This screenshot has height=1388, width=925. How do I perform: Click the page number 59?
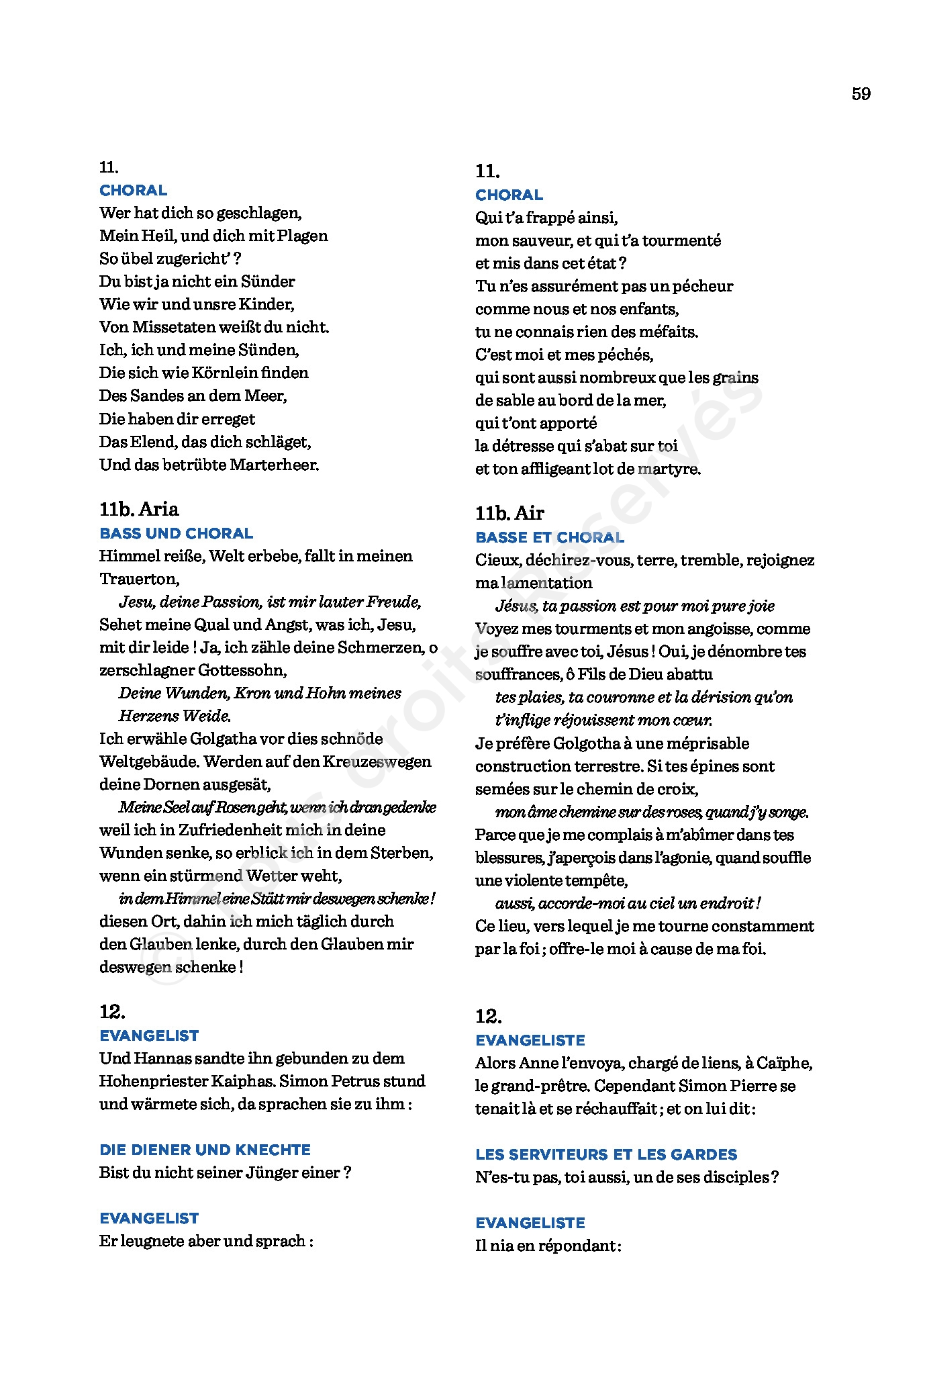click(x=861, y=94)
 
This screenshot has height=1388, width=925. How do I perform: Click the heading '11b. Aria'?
click(x=139, y=509)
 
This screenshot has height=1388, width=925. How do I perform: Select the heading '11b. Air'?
click(x=509, y=513)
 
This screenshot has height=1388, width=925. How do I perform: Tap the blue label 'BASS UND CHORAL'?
click(x=176, y=534)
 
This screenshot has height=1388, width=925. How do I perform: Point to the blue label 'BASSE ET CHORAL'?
click(x=550, y=538)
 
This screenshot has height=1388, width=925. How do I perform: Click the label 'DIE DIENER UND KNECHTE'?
click(x=205, y=1150)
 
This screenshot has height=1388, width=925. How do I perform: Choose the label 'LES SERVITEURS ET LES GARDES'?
click(x=606, y=1154)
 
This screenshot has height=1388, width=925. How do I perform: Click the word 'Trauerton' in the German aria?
click(x=139, y=579)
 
